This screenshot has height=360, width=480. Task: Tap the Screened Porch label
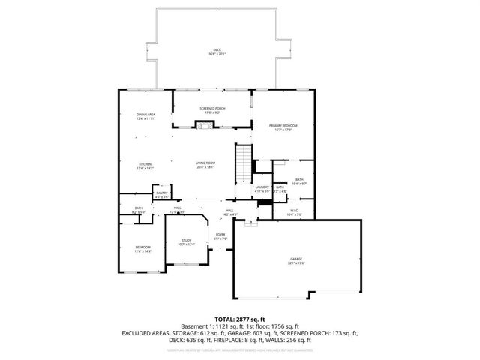pyautogui.click(x=212, y=109)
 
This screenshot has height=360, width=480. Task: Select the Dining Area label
pyautogui.click(x=145, y=115)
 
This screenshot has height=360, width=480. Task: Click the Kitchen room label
pyautogui.click(x=145, y=164)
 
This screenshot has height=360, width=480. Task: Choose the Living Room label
pyautogui.click(x=205, y=163)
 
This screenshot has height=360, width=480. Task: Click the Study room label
pyautogui.click(x=186, y=240)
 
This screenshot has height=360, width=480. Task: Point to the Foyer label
pyautogui.click(x=220, y=235)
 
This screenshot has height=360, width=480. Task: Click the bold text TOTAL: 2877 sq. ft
pyautogui.click(x=239, y=319)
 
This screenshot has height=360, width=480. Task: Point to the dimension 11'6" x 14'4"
pyautogui.click(x=142, y=251)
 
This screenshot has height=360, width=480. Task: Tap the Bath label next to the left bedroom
pyautogui.click(x=139, y=208)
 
